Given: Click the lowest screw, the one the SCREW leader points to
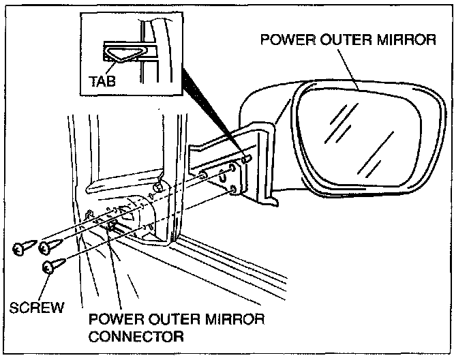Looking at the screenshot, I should pos(51,267).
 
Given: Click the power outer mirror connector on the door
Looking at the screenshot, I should pos(111,228).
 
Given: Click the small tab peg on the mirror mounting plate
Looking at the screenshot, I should pos(247,159).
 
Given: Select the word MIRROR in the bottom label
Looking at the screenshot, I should pos(233,320).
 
